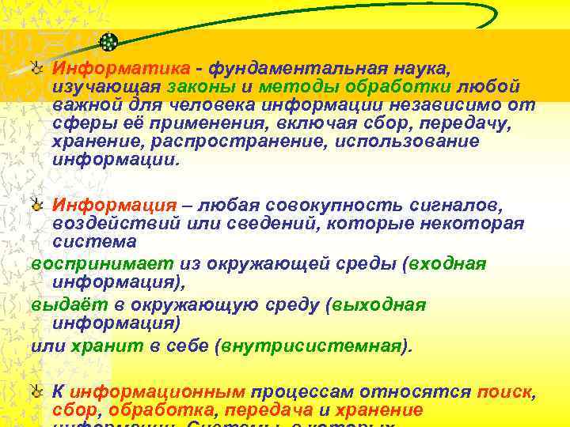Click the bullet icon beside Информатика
pos(36,67)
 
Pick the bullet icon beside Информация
pos(36,205)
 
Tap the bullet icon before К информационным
pos(36,391)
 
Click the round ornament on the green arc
pos(110,41)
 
